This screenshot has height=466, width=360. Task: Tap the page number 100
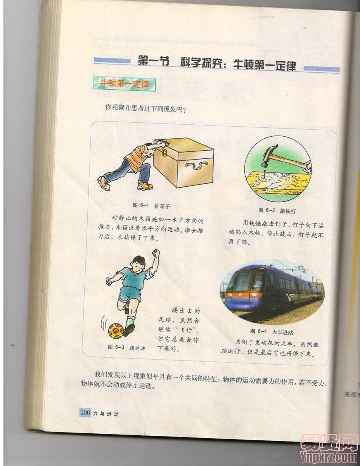pyautogui.click(x=85, y=413)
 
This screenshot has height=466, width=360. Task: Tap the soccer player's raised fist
pyautogui.click(x=156, y=253)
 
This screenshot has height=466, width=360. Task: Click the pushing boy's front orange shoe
pyautogui.click(x=145, y=186)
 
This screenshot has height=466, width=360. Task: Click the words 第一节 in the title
pyautogui.click(x=154, y=61)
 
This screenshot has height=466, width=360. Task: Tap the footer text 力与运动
pyautogui.click(x=106, y=414)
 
